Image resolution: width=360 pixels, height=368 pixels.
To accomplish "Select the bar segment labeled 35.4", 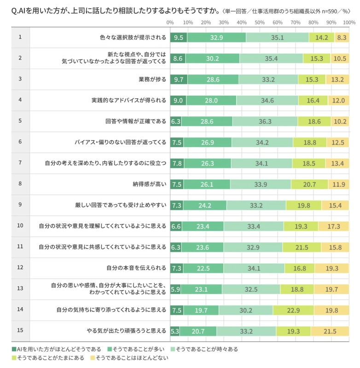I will tap(271, 58).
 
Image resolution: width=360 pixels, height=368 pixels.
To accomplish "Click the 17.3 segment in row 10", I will tap(333, 226).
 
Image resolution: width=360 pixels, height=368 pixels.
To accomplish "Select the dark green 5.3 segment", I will tap(175, 331).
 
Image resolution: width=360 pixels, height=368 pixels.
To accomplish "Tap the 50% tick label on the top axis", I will tap(260, 22).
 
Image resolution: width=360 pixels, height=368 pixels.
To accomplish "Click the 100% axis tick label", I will tap(348, 22).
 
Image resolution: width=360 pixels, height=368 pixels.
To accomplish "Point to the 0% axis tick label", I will tap(170, 22).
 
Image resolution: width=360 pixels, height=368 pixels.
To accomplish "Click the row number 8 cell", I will tap(20, 184).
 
